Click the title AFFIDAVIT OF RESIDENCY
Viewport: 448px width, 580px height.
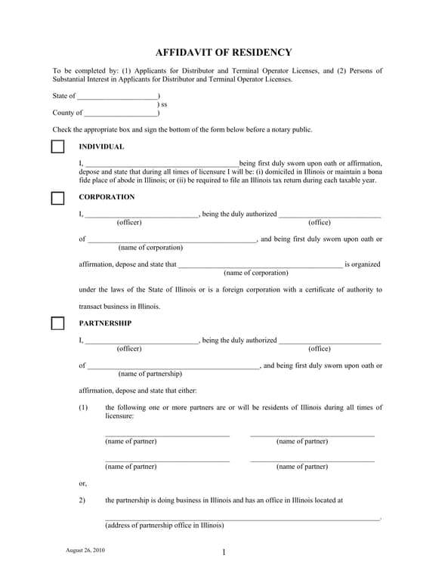click(224, 52)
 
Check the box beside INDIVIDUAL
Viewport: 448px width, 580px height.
click(57, 147)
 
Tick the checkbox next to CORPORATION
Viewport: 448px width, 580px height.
click(57, 198)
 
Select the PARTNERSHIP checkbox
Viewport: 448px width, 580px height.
click(57, 324)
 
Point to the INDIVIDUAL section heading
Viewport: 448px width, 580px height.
click(101, 147)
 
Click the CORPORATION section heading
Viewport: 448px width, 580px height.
click(107, 197)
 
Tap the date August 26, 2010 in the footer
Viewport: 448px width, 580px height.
click(85, 550)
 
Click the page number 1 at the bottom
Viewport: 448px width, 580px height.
click(224, 552)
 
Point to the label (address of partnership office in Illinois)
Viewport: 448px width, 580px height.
click(164, 526)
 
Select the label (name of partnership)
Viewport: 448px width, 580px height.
click(150, 374)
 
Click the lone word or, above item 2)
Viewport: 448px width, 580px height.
click(82, 483)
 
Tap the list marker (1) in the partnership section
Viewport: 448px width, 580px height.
click(83, 408)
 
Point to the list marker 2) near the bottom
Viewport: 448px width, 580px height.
click(82, 500)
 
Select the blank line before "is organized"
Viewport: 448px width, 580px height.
click(259, 266)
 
